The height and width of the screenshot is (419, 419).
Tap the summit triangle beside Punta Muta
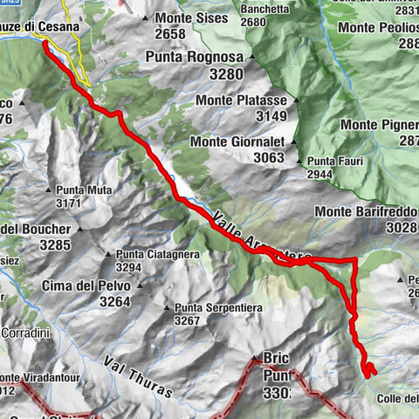[x=49, y=189]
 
